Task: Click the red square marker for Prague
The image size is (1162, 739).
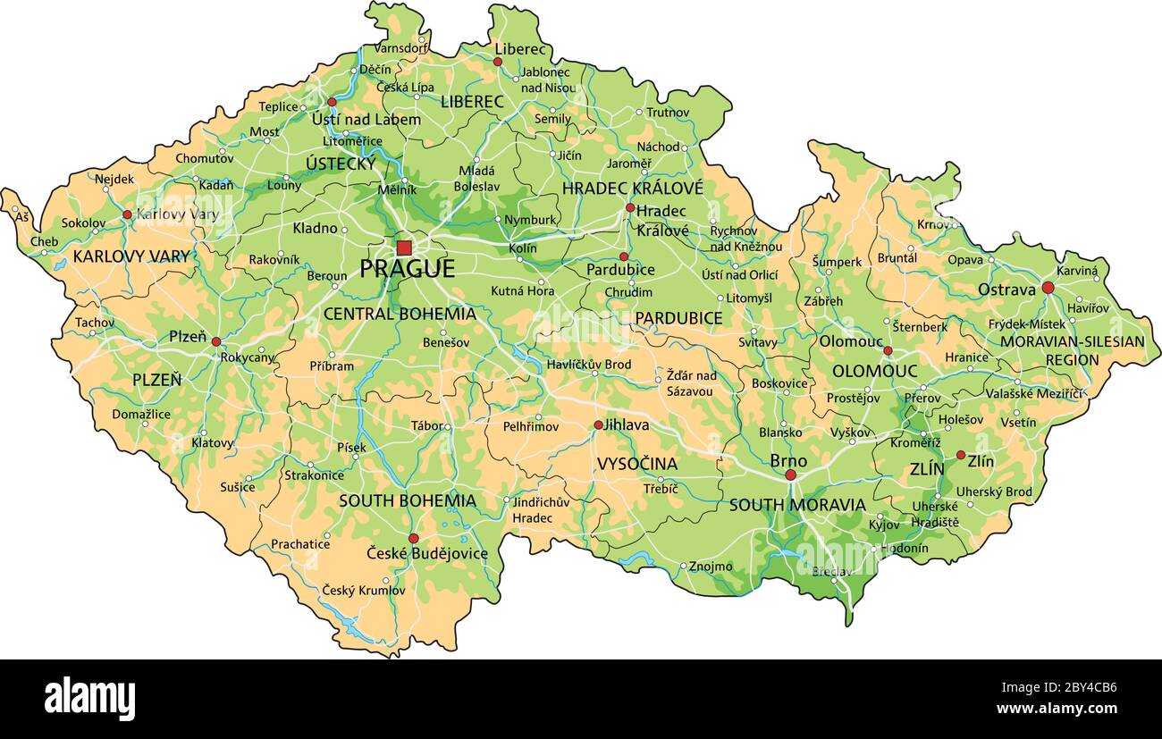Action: (x=404, y=248)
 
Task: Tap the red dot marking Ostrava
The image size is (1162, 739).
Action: (x=1048, y=288)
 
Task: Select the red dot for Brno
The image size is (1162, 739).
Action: (x=790, y=474)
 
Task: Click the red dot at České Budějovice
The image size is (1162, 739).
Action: (x=413, y=538)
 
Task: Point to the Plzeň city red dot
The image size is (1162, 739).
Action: (x=216, y=341)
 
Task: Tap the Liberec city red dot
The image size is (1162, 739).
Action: (x=498, y=62)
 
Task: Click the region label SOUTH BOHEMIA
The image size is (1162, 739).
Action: (x=407, y=500)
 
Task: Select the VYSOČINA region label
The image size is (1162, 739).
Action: (x=636, y=464)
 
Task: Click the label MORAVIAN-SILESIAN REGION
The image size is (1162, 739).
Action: (x=1072, y=350)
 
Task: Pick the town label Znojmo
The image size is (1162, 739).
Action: (x=711, y=567)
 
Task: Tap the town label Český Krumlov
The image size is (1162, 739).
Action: (x=364, y=590)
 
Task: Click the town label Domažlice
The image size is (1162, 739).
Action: (x=141, y=414)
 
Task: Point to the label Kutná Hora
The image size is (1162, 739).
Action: (x=522, y=290)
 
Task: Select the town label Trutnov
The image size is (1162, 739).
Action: (x=668, y=113)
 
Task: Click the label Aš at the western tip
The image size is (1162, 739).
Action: (x=21, y=217)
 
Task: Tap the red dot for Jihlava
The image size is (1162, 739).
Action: (x=598, y=425)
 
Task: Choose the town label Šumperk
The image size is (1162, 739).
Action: (x=837, y=262)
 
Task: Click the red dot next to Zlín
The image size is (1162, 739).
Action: (x=961, y=455)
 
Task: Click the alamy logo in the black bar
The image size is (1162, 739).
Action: (x=89, y=698)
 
